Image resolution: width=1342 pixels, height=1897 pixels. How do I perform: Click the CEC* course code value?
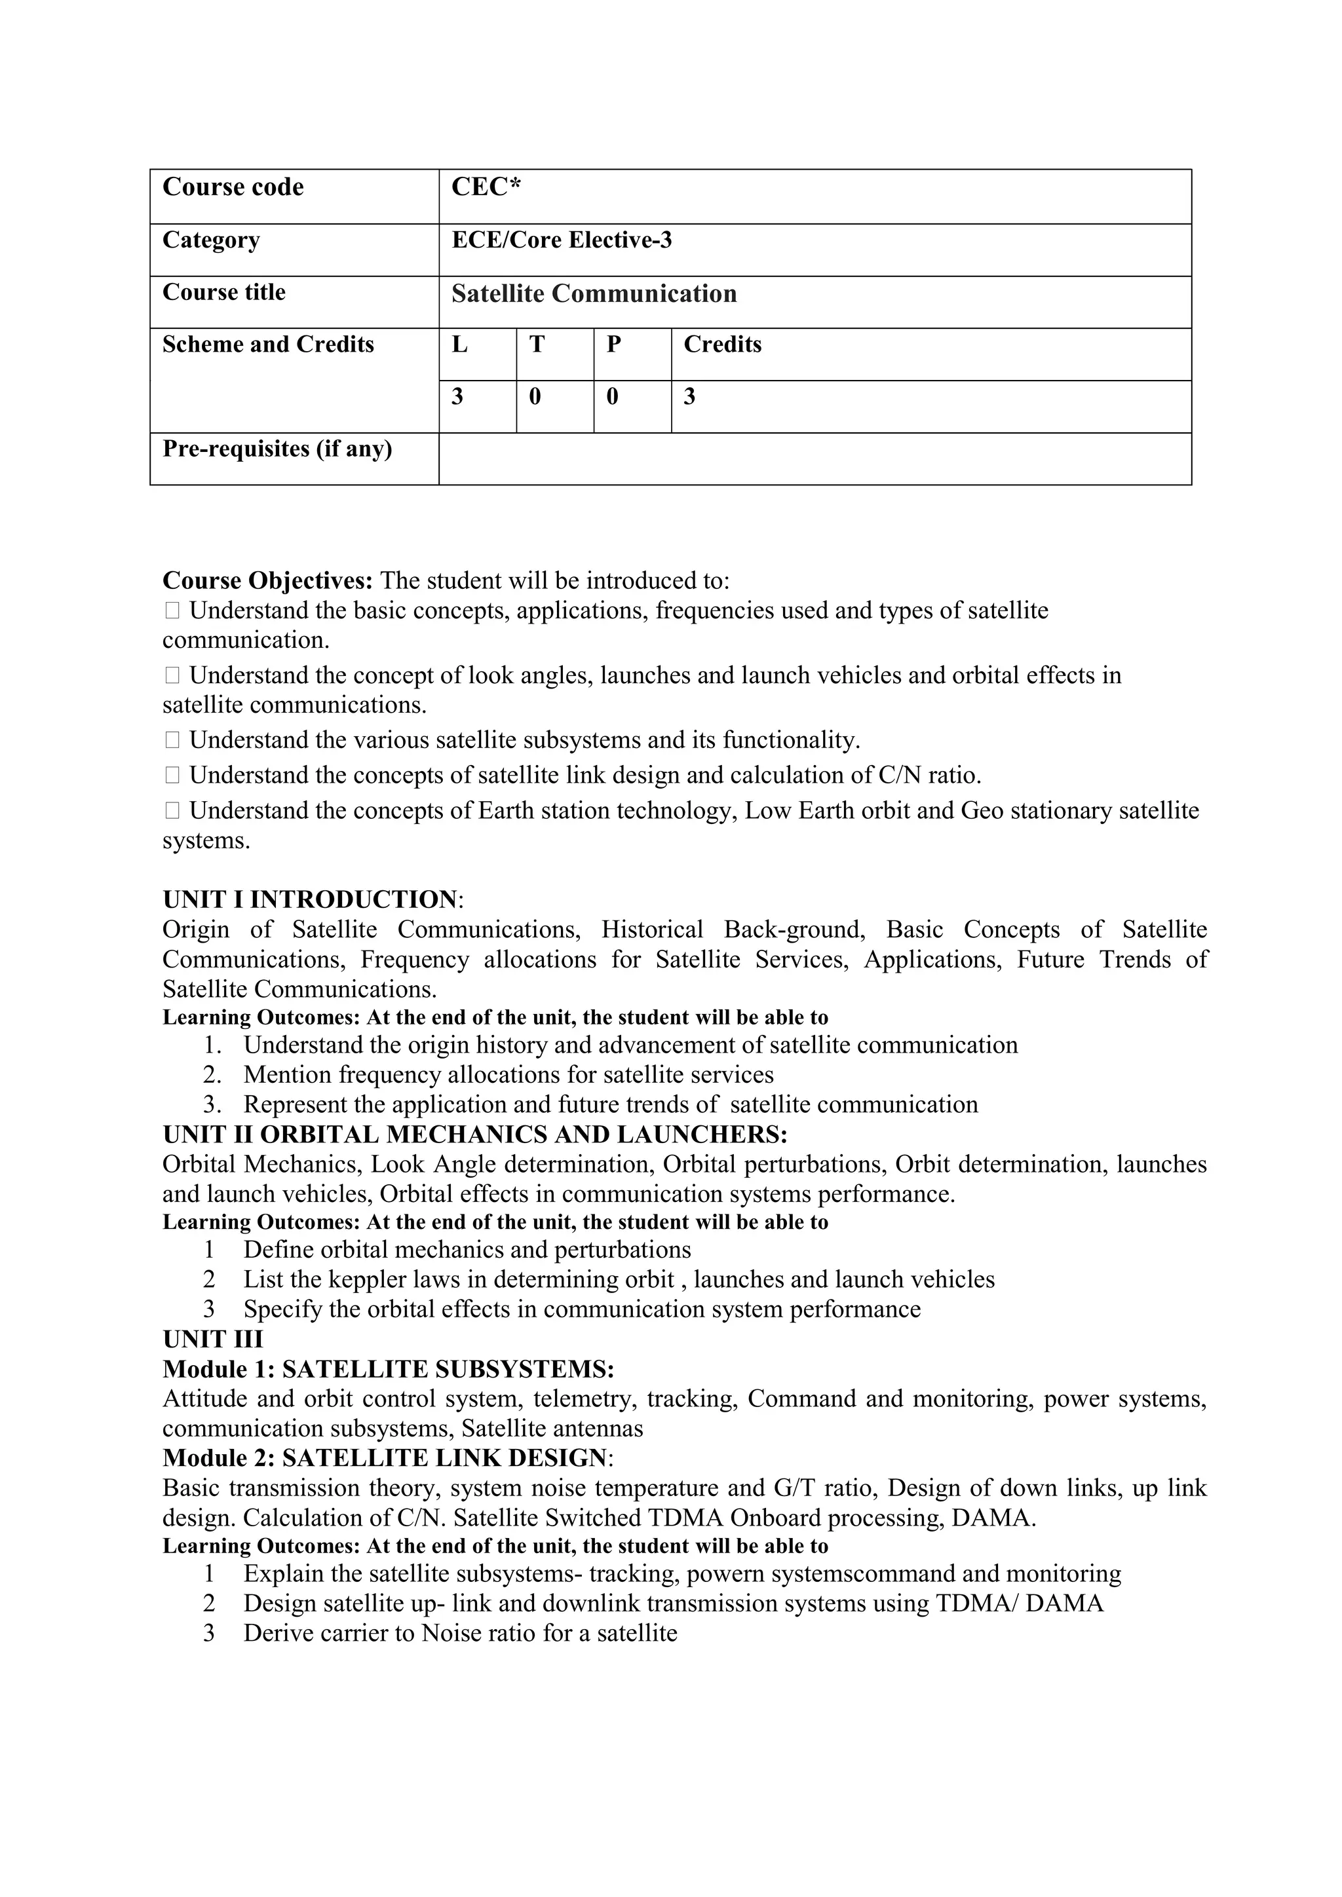(486, 187)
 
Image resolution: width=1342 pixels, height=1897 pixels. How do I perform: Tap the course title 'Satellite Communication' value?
(593, 294)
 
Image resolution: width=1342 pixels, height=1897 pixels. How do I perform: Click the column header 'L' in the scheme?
(459, 345)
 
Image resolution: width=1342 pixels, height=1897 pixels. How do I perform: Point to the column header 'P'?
(613, 345)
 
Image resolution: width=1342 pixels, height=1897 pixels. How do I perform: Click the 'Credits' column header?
(721, 345)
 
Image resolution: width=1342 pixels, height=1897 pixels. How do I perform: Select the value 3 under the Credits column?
(689, 398)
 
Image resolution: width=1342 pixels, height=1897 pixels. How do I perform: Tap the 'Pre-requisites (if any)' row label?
(277, 449)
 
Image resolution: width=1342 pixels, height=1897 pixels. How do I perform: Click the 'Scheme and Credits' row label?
(268, 345)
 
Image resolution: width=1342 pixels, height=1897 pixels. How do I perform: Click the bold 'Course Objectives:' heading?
(268, 581)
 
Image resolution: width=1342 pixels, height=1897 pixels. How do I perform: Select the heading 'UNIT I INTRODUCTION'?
(309, 900)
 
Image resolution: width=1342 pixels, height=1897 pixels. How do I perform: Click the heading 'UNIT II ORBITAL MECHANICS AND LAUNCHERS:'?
(474, 1135)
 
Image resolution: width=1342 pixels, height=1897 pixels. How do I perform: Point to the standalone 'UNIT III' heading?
(212, 1340)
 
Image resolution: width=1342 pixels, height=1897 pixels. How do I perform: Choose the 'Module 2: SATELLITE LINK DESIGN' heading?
(384, 1458)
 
